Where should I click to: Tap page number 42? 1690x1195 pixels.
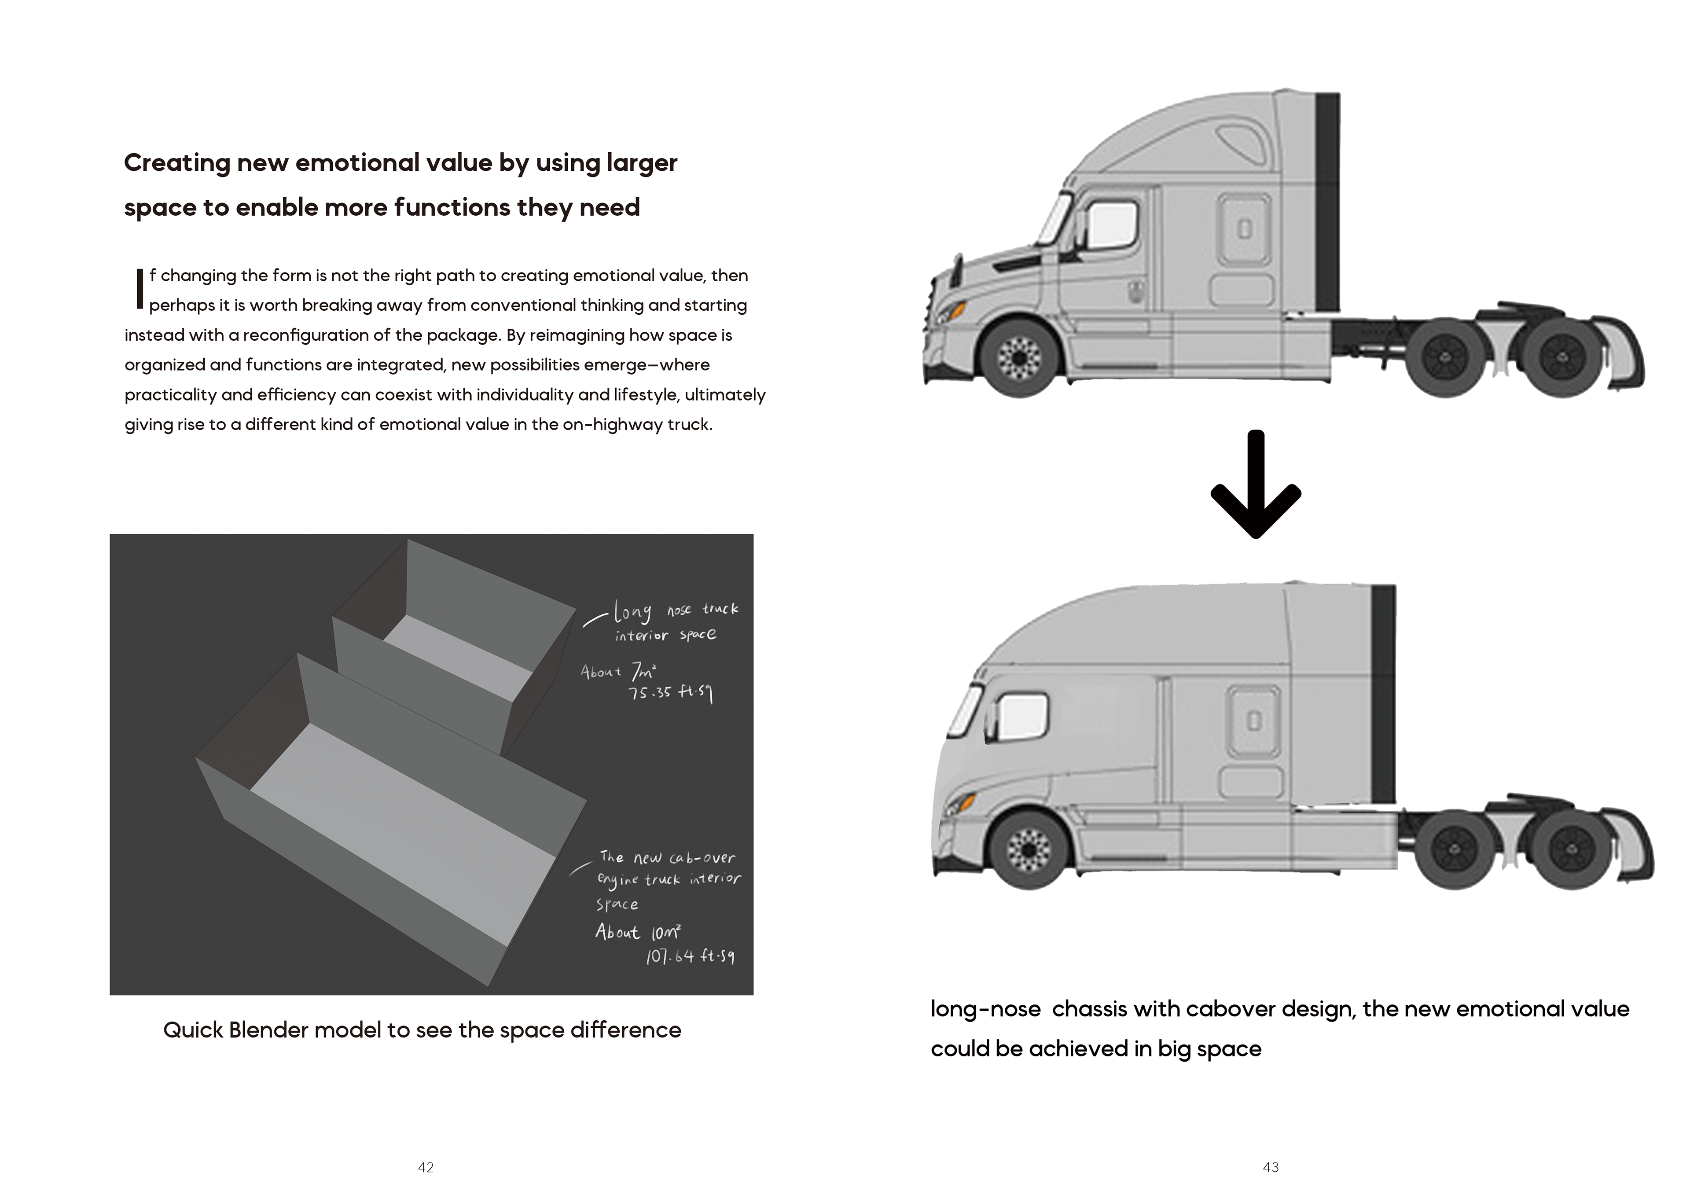tap(426, 1167)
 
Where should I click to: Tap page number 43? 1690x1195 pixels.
tap(1271, 1167)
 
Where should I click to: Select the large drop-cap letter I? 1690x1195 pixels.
tap(138, 289)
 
